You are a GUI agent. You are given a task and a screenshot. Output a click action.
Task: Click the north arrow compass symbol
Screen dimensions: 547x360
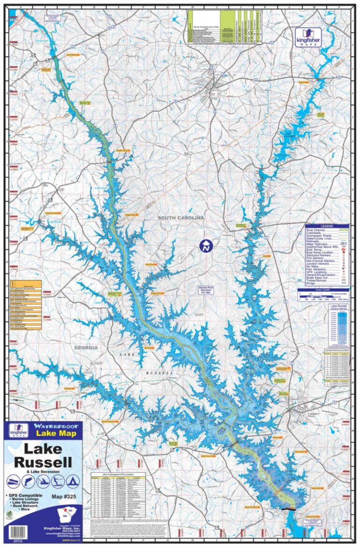pyautogui.click(x=206, y=245)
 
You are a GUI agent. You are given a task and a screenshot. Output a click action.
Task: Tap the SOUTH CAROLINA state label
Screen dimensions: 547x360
pyautogui.click(x=181, y=218)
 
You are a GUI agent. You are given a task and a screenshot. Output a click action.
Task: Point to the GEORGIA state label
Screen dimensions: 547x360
pyautogui.click(x=85, y=348)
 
